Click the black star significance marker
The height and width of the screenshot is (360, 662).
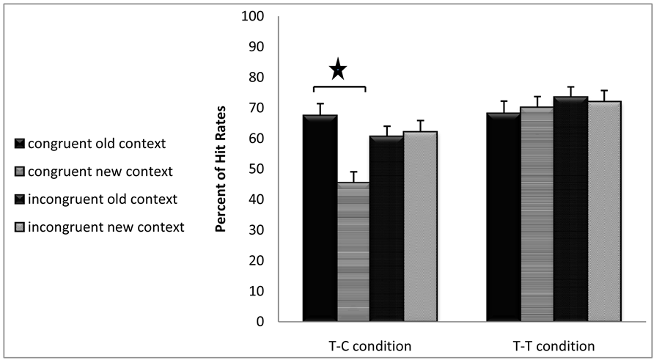coord(338,70)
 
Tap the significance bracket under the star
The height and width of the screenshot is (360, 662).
coord(339,87)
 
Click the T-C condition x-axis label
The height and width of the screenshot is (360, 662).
coord(369,345)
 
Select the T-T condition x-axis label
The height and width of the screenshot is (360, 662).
coord(553,345)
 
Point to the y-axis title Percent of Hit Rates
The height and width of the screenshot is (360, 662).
coord(220,169)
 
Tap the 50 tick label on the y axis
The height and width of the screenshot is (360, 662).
coord(256,169)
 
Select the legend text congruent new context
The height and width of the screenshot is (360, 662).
coord(105,172)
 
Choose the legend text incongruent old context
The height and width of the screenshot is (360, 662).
coord(106,199)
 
